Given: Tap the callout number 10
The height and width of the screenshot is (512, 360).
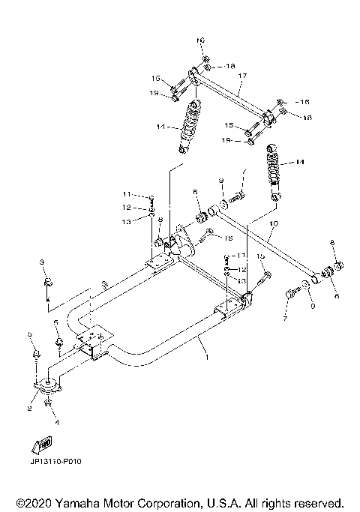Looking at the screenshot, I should (273, 223).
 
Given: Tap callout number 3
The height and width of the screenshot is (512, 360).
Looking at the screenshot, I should (43, 262).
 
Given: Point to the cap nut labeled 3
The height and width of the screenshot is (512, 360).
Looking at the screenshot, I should (46, 282).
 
